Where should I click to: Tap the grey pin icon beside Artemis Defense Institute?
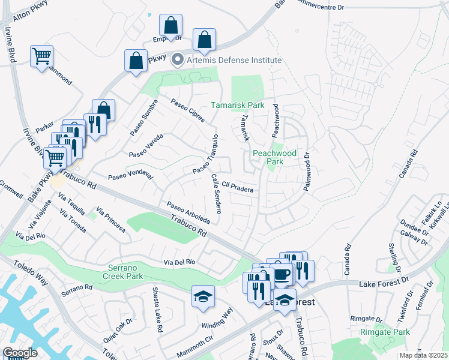click(x=178, y=60)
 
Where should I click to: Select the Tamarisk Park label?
click(x=238, y=105)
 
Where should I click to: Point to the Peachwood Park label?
click(x=275, y=157)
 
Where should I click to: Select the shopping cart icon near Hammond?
click(x=42, y=56)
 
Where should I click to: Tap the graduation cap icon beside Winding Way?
click(x=203, y=296)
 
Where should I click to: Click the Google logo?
click(x=20, y=353)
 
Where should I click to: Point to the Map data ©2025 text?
click(x=423, y=355)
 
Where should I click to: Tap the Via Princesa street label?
click(x=111, y=220)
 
